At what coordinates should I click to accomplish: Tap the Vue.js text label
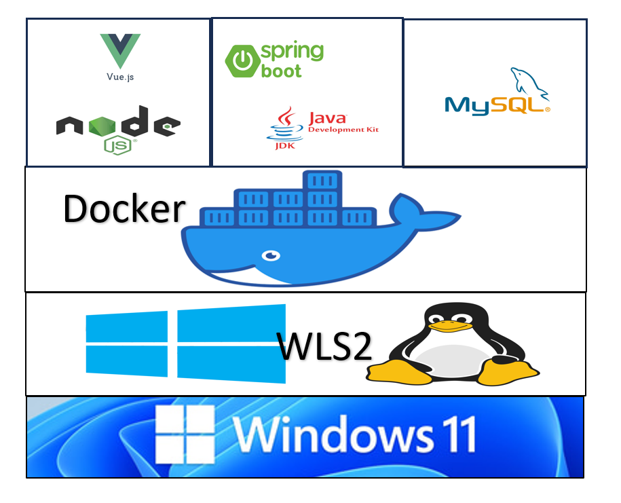tap(120, 77)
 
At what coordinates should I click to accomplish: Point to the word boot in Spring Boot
tap(282, 71)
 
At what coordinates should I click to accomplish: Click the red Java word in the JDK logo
tap(327, 118)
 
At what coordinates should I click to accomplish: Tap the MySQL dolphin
tap(529, 85)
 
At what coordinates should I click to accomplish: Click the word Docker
tap(124, 208)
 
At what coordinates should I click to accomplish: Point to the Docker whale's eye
tap(272, 255)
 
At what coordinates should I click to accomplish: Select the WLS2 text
tap(325, 346)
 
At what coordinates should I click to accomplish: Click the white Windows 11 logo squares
tap(185, 432)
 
